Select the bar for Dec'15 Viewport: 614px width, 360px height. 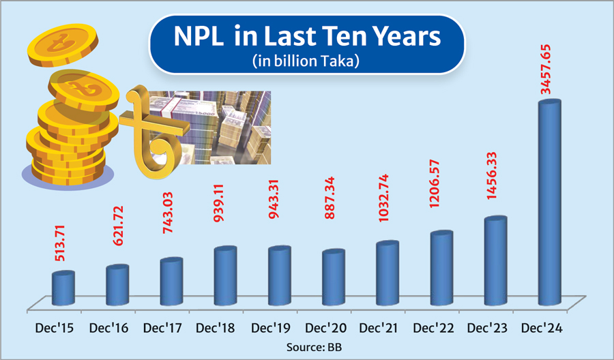tap(63, 288)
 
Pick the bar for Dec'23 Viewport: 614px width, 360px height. tap(495, 261)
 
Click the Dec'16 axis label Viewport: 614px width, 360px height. tap(108, 329)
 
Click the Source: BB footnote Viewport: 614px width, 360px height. tap(307, 346)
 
